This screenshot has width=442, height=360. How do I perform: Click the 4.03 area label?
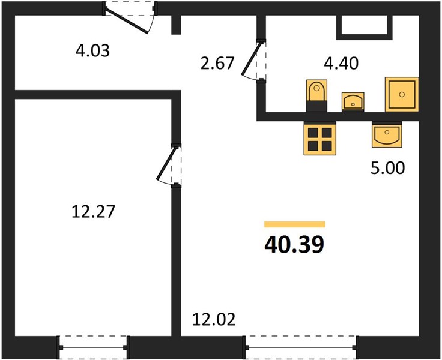92,51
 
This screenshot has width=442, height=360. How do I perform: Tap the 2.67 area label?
217,63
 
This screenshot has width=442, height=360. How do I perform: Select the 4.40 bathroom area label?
341,63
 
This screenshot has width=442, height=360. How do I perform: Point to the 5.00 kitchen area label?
387,168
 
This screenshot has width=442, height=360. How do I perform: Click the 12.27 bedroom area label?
93,212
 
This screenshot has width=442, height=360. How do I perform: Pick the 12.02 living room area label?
214,320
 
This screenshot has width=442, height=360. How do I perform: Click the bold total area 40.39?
295,244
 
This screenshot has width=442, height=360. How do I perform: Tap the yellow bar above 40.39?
295,224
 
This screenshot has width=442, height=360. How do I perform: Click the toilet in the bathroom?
317,95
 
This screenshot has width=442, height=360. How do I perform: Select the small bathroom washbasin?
353,101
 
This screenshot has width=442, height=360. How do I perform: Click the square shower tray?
402,94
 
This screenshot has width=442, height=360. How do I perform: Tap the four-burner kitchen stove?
319,139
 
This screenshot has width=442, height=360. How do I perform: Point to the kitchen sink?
387,135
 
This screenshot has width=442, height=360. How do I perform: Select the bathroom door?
250,58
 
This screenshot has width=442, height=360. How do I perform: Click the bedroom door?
166,164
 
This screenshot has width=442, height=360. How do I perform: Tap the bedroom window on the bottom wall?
93,347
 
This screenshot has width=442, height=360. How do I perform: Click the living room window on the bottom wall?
301,347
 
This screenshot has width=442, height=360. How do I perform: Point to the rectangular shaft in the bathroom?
364,28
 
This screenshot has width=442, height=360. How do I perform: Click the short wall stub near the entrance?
176,24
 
